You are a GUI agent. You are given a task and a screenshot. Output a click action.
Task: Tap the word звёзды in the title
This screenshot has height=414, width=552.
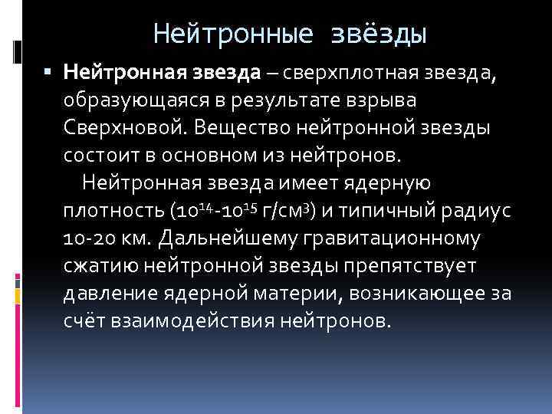pyautogui.click(x=379, y=34)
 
